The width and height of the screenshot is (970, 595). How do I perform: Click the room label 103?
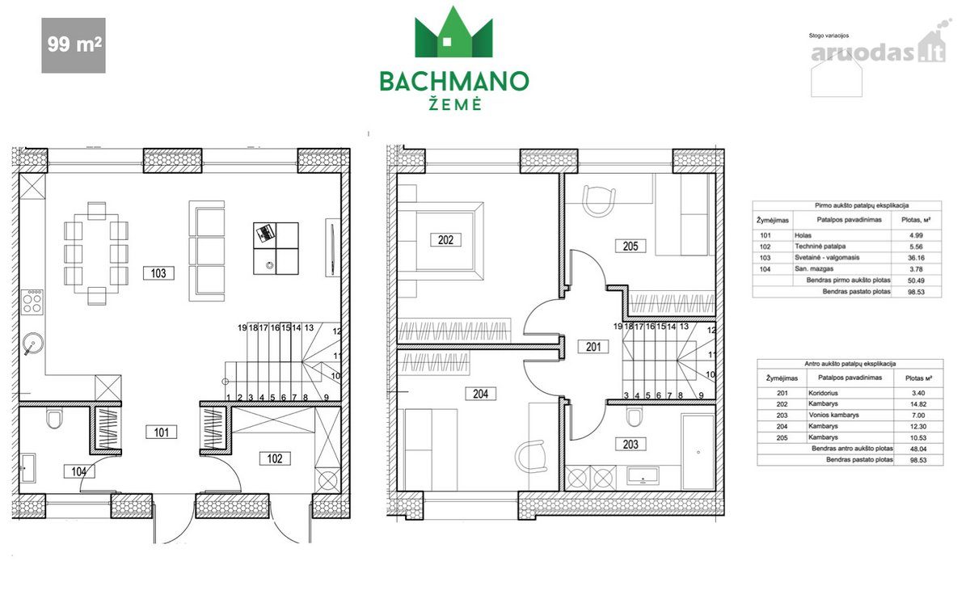coord(158,273)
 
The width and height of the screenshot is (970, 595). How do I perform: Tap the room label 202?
coord(445,240)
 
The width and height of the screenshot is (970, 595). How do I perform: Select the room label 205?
coord(630,246)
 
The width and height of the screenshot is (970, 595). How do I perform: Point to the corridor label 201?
coord(593,347)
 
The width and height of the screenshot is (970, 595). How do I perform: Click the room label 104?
coord(79,471)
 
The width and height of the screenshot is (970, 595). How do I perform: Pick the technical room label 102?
coord(275,458)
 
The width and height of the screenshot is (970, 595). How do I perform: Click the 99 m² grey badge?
coord(74,45)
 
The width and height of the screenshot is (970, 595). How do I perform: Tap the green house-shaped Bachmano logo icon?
coord(453,32)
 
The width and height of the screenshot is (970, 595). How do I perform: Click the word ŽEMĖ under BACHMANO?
coord(454,104)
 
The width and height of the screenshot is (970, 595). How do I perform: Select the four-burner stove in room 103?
coord(32,302)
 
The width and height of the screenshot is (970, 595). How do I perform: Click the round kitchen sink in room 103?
coord(32,344)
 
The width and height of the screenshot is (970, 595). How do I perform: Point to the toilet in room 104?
coord(54,419)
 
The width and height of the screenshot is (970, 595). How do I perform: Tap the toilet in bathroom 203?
coord(635,417)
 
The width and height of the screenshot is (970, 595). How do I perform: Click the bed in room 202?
coord(441,240)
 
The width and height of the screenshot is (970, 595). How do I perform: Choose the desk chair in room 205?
coord(599,201)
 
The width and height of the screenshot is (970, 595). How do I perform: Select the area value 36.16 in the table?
coord(916,258)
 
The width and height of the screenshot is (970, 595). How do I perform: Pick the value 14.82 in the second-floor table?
coord(918,404)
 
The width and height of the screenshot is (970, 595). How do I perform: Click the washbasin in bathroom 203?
coord(643,475)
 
